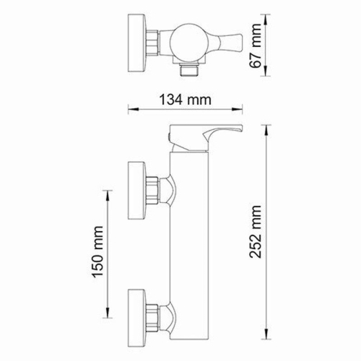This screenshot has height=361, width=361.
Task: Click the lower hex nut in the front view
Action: coord(153,313)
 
